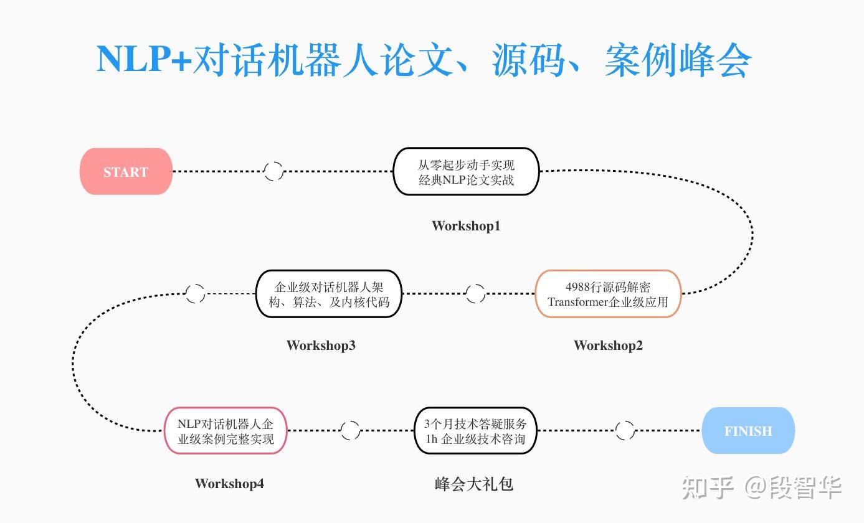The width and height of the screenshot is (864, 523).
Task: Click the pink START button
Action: point(126,172)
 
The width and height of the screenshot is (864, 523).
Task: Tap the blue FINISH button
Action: point(748,431)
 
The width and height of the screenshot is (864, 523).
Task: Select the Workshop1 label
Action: point(466,226)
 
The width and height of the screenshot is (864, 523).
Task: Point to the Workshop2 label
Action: point(608,346)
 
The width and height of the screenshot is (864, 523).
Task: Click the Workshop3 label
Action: point(321,346)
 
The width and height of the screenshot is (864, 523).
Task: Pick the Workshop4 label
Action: point(229,484)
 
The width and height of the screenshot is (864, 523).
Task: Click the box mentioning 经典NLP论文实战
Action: point(466,172)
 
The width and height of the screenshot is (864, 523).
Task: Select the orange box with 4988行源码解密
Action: point(608,294)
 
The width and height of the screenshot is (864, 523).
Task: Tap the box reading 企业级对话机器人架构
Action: point(329,294)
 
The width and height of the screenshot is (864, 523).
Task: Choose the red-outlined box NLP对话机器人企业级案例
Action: point(225,431)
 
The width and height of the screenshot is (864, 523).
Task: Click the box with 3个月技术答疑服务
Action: point(475,431)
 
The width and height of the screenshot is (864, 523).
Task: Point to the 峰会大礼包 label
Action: point(474,484)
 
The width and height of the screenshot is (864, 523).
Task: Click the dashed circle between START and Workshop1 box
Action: point(273,171)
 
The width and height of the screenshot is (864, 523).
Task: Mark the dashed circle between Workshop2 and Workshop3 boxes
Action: point(475,294)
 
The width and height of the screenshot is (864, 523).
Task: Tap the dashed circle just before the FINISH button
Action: point(625,430)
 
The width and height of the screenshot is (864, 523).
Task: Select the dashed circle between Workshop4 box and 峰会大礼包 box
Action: point(350,430)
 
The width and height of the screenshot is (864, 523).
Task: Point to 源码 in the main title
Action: point(529,60)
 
